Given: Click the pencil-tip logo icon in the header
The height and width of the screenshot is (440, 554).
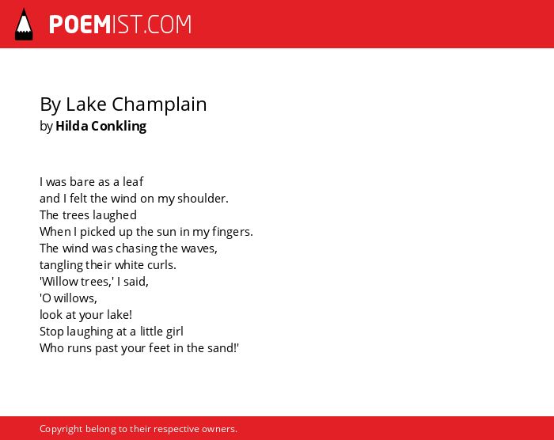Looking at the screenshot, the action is pyautogui.click(x=24, y=24).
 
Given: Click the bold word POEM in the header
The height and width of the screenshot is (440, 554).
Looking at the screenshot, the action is pyautogui.click(x=80, y=25).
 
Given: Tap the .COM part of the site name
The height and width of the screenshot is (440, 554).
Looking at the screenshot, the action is pyautogui.click(x=168, y=25).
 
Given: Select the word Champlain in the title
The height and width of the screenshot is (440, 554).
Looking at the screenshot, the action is pyautogui.click(x=159, y=104).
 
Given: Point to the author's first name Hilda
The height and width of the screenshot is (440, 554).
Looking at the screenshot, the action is pyautogui.click(x=72, y=126).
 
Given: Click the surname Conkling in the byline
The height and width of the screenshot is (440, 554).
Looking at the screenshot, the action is pyautogui.click(x=119, y=127).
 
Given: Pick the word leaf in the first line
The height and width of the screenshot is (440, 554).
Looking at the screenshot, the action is pyautogui.click(x=133, y=182).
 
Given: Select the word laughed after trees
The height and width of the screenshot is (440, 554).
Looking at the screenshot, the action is pyautogui.click(x=117, y=215).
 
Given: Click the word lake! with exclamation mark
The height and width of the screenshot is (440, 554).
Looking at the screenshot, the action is pyautogui.click(x=120, y=314).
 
